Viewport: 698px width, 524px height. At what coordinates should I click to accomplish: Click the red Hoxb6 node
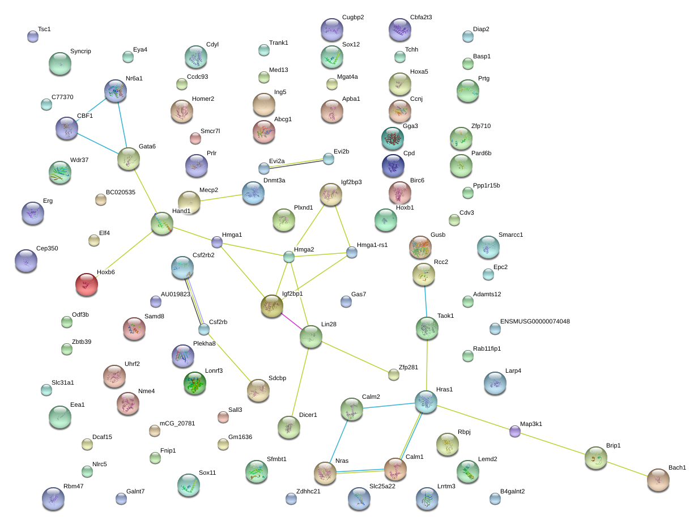pyautogui.click(x=87, y=284)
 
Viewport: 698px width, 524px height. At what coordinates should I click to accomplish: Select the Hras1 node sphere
pyautogui.click(x=426, y=402)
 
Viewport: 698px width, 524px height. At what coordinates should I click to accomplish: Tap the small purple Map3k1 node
pyautogui.click(x=515, y=431)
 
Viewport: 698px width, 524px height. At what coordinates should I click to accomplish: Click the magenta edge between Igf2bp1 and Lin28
pyautogui.click(x=292, y=321)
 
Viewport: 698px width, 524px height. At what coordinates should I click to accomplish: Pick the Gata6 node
pyautogui.click(x=129, y=159)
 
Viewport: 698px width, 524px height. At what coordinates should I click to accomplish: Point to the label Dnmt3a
pyautogui.click(x=274, y=180)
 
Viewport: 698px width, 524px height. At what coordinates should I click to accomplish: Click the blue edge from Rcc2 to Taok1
pyautogui.click(x=425, y=301)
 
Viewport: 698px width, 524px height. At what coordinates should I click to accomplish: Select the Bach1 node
pyautogui.click(x=658, y=480)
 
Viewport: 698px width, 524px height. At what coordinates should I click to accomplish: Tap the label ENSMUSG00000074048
pyautogui.click(x=535, y=321)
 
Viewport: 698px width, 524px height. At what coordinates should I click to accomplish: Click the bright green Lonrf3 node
pyautogui.click(x=195, y=383)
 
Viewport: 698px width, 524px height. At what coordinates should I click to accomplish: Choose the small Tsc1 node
pyautogui.click(x=33, y=36)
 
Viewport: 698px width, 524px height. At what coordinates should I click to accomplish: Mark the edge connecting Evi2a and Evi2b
pyautogui.click(x=296, y=164)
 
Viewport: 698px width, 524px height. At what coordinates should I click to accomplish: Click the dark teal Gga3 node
pyautogui.click(x=393, y=138)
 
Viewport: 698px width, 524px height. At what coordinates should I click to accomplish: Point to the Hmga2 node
pyautogui.click(x=289, y=257)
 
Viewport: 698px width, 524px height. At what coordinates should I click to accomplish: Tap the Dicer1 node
pyautogui.click(x=289, y=427)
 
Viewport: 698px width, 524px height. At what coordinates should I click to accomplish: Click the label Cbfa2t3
pyautogui.click(x=421, y=17)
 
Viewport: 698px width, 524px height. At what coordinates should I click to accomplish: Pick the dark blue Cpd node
pyautogui.click(x=393, y=165)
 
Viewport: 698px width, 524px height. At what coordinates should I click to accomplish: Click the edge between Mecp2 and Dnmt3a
pyautogui.click(x=221, y=198)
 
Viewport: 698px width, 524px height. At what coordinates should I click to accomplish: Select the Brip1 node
pyautogui.click(x=596, y=458)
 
